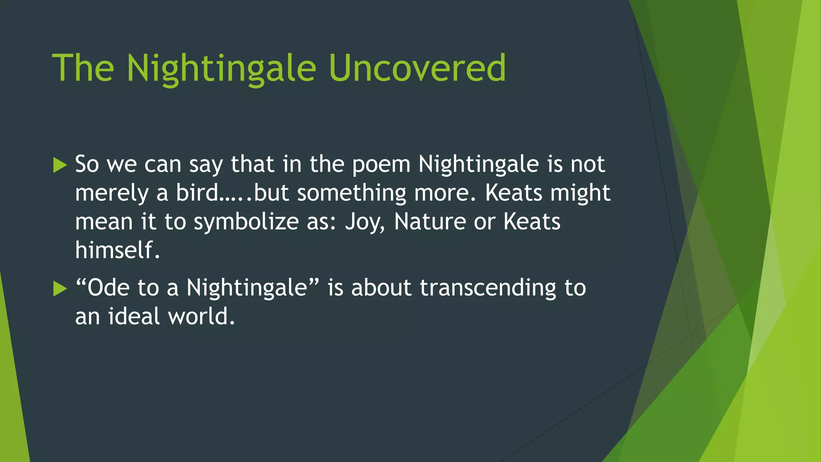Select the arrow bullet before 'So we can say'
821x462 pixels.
60,165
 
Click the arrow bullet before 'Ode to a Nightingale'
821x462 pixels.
60,289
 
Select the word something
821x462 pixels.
352,194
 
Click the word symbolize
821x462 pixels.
246,222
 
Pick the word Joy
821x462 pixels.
365,222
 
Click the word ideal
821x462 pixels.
134,316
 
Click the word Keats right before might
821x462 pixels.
514,193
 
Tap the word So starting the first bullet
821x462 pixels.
87,164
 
